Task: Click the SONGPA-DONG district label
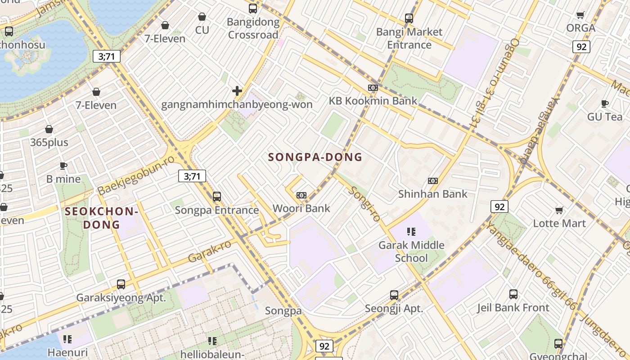315,157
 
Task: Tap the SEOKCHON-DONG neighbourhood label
101,218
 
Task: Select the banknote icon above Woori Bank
301,195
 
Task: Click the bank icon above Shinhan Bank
433,181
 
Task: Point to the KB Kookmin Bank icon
373,88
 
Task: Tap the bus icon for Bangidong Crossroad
253,8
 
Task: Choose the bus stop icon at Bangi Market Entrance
409,18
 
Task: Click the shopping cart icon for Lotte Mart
559,210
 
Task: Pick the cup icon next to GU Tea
605,104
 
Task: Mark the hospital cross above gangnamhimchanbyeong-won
237,91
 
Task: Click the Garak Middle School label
411,252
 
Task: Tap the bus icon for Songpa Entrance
217,197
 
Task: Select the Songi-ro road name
365,203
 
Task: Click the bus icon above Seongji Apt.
394,295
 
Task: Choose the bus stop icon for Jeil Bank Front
513,294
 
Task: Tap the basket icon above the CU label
202,17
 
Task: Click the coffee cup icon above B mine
63,166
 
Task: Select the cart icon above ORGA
580,15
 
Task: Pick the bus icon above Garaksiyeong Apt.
121,284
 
